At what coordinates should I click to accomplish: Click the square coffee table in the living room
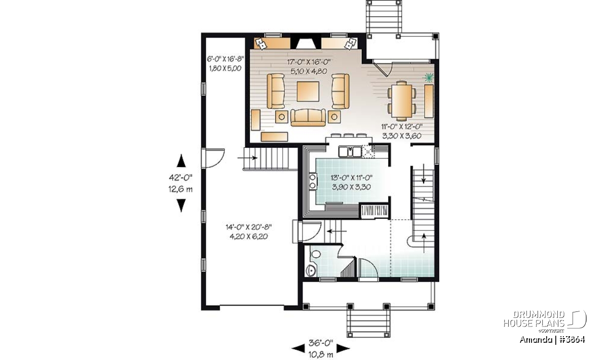click(308, 92)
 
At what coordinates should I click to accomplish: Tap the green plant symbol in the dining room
click(428, 78)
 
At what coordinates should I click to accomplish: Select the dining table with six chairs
click(402, 101)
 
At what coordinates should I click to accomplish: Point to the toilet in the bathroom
click(316, 254)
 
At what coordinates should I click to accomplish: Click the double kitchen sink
click(350, 151)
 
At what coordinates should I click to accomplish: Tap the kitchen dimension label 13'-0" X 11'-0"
click(352, 178)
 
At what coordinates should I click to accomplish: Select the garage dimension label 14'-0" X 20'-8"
click(249, 227)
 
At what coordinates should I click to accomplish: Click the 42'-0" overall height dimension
click(181, 177)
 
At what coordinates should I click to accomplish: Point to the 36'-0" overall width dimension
click(321, 343)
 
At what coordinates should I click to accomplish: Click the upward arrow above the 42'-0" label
click(181, 161)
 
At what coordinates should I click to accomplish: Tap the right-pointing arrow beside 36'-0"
click(343, 348)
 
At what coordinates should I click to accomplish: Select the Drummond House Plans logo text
click(534, 319)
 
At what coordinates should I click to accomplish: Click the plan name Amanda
click(536, 340)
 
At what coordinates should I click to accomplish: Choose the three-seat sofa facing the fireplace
click(308, 117)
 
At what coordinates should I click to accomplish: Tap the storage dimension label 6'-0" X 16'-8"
click(225, 59)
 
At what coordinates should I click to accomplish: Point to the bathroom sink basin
click(310, 270)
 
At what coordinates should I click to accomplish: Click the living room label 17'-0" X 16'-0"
click(309, 62)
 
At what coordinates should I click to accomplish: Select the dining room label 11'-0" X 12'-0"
click(402, 126)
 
